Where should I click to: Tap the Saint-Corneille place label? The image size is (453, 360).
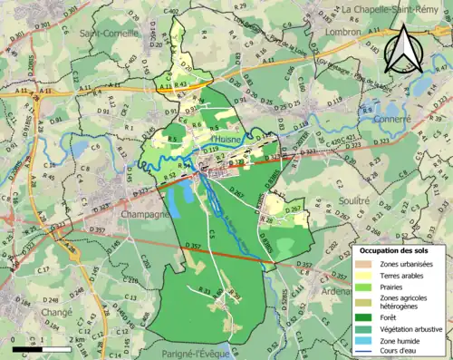pos(105,34)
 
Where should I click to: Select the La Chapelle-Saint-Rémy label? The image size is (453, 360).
pos(398,9)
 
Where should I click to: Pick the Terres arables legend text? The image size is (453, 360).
pos(405,276)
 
